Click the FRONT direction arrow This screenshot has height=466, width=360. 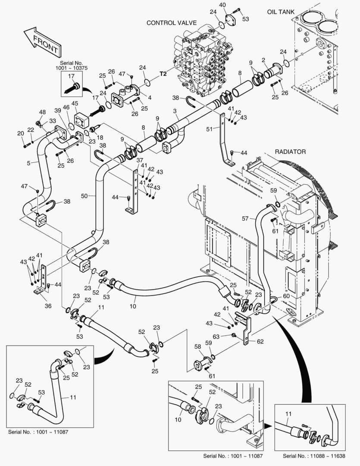point(41,41)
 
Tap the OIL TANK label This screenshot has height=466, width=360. point(280,12)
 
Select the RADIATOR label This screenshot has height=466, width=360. point(290,152)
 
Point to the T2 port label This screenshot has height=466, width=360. point(163,74)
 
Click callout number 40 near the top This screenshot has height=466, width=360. point(222,5)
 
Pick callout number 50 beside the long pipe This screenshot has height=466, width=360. point(85,196)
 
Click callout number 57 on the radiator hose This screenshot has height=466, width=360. point(245,219)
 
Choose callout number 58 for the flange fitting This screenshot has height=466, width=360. point(197,346)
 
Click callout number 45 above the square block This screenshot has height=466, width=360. point(75,104)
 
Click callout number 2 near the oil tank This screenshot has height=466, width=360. point(263,60)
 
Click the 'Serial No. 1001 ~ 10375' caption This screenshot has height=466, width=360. point(71,65)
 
